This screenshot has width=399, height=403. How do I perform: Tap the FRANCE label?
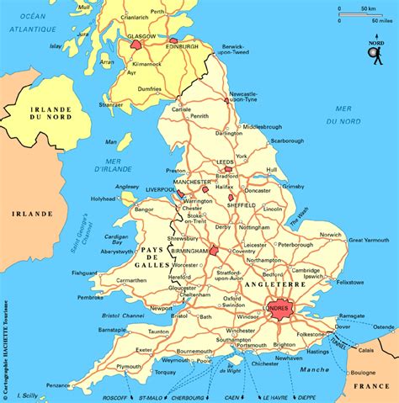pyautogui.click(x=371, y=385)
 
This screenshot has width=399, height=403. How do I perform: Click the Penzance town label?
pyautogui.click(x=59, y=384)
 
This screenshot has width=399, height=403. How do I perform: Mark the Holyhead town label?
pyautogui.click(x=104, y=199)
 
